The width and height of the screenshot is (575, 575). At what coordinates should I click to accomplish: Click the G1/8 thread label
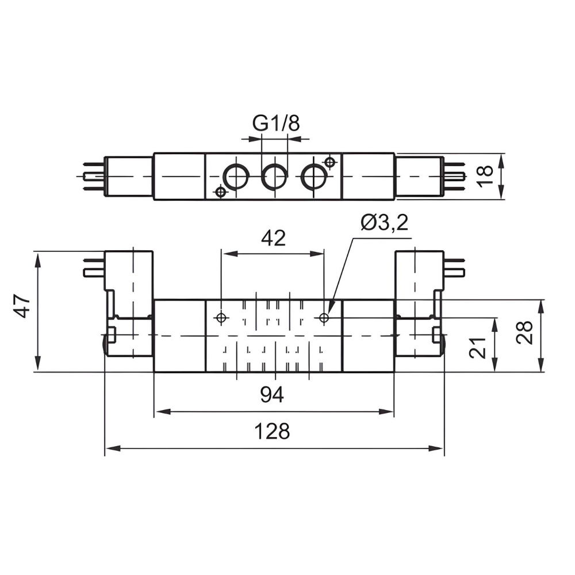coord(276,123)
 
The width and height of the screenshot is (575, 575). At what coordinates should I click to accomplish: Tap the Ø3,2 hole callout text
coord(385,223)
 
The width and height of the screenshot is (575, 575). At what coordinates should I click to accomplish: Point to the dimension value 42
coord(273,238)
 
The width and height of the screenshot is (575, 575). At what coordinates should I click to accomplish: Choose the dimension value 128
coord(273,431)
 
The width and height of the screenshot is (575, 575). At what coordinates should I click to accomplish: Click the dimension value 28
coord(524,332)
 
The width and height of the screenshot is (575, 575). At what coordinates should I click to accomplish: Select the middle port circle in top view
coord(274,177)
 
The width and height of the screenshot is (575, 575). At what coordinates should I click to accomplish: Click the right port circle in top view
coord(314,177)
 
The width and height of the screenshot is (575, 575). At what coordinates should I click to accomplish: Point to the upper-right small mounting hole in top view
coord(329,162)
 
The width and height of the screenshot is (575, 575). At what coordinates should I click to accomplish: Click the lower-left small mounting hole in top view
coord(221,191)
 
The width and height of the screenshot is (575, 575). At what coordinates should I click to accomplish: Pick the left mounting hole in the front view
coord(221,317)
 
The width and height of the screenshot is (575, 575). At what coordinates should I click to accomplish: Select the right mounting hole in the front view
coord(324,317)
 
